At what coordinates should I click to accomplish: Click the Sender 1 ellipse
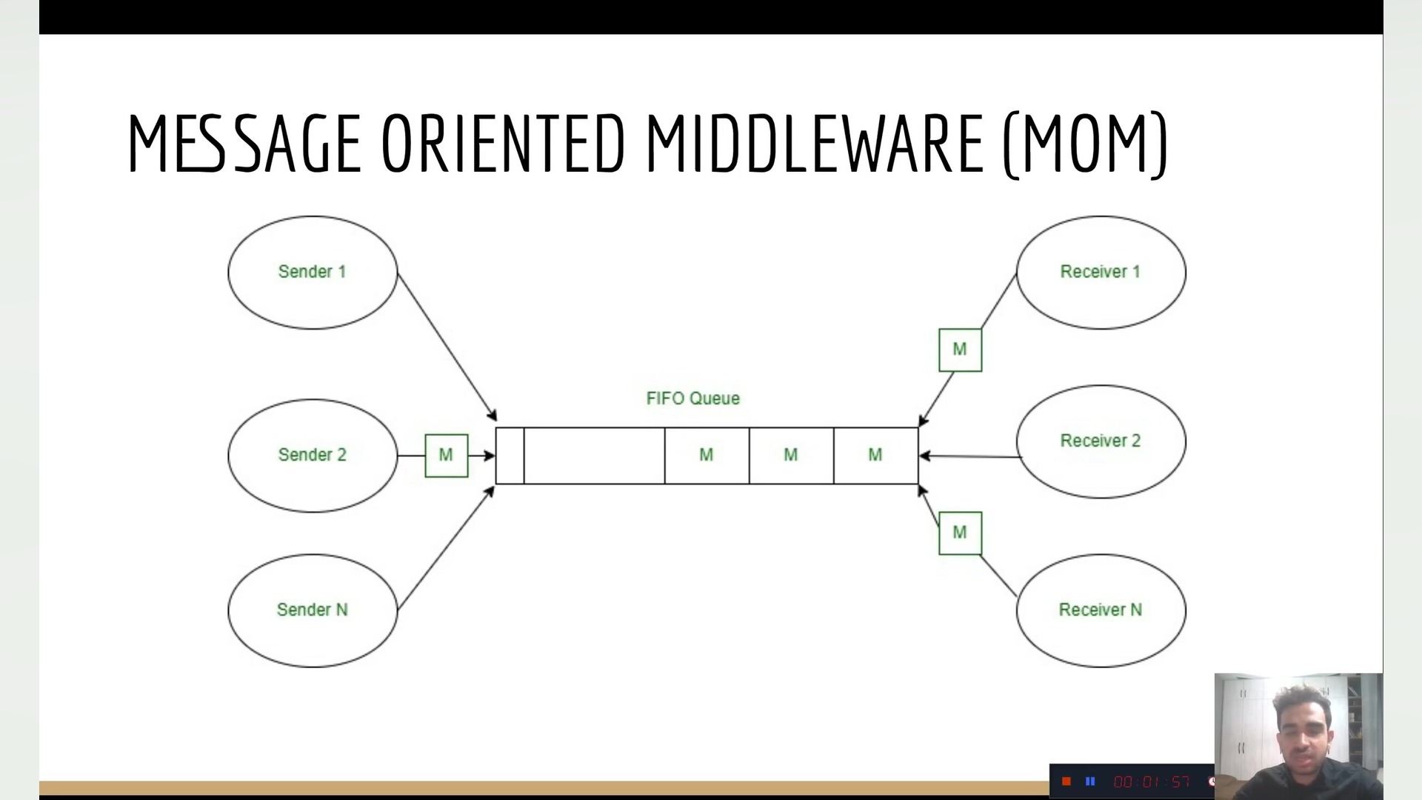tap(312, 272)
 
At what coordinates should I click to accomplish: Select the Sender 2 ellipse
tap(312, 455)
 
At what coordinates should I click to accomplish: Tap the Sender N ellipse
tap(312, 610)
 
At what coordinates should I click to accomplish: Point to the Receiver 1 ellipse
tap(1101, 272)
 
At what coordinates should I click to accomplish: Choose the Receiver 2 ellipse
tap(1101, 441)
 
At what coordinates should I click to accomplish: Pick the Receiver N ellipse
tap(1101, 610)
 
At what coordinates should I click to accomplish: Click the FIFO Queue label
tap(692, 399)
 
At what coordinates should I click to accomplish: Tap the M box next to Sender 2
tap(446, 455)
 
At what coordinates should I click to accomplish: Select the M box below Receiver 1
tap(960, 350)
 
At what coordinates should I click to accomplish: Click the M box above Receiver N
tap(960, 533)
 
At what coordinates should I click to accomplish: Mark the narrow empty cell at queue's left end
tap(510, 456)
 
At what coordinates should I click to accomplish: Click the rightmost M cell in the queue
tap(875, 456)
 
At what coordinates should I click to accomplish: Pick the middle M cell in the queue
tap(791, 456)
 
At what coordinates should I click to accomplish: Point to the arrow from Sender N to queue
tap(446, 548)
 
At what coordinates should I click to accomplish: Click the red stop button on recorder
tap(1066, 781)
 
